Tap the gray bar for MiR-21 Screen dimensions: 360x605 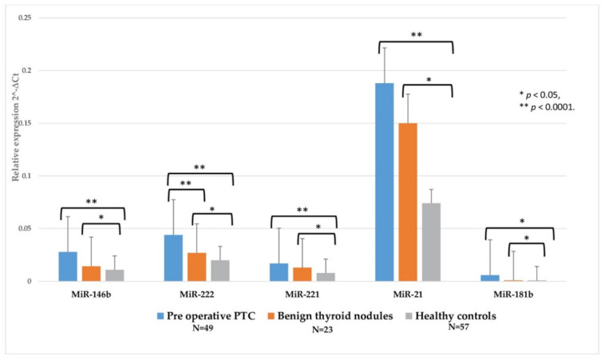[x=431, y=242]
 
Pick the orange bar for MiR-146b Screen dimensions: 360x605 [x=91, y=273]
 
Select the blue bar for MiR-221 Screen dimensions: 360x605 [x=279, y=272]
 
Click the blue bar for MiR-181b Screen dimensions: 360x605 [x=490, y=278]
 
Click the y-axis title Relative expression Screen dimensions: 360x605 [x=15, y=136]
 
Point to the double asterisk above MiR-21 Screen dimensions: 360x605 [x=416, y=35]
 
